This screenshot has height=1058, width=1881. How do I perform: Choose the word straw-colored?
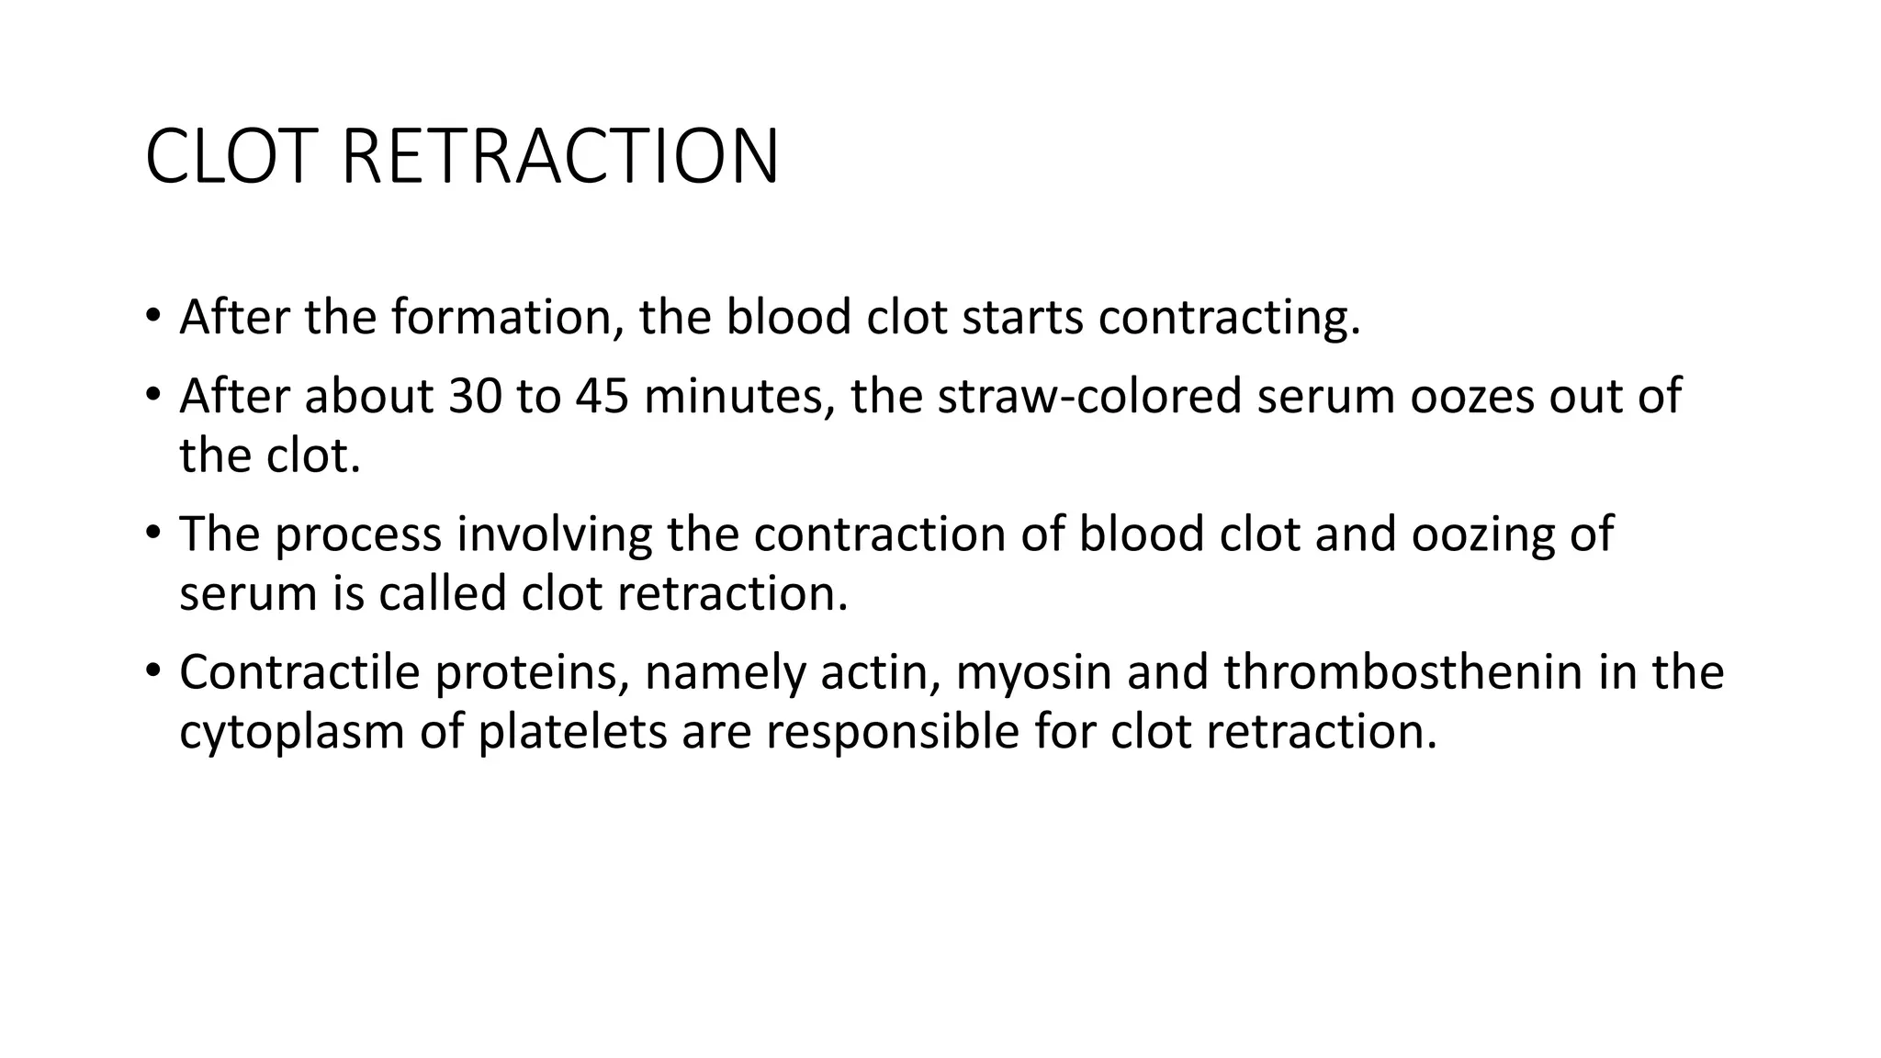(1089, 396)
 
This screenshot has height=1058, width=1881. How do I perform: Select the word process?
(358, 535)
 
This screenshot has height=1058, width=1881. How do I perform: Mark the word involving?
(554, 535)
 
